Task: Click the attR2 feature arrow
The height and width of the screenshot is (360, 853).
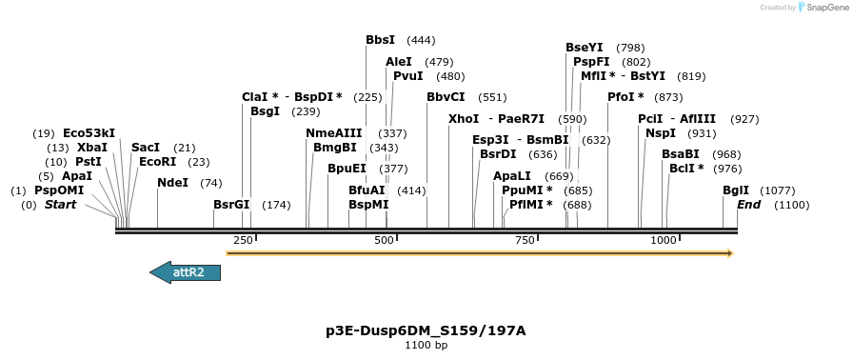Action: click(x=186, y=272)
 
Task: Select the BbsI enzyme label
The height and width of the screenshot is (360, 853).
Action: click(x=380, y=40)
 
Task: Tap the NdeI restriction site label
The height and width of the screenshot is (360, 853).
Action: click(x=172, y=183)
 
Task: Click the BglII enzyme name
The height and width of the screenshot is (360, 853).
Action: click(x=736, y=190)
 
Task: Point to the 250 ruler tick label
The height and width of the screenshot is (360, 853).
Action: click(x=243, y=240)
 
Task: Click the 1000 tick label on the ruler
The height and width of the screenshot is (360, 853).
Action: click(x=663, y=240)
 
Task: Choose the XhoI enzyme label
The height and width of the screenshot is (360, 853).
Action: click(x=464, y=119)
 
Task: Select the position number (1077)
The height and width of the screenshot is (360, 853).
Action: click(x=778, y=190)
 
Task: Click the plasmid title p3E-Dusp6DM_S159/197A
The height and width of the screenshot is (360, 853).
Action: click(x=426, y=330)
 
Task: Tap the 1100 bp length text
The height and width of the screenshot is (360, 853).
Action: click(x=426, y=345)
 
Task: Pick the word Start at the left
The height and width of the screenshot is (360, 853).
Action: click(x=60, y=205)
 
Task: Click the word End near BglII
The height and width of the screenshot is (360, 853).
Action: click(x=748, y=205)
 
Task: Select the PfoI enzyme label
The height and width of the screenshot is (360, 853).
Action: click(x=625, y=97)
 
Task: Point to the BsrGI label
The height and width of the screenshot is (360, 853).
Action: click(x=231, y=205)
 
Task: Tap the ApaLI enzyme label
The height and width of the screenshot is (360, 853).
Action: click(x=512, y=176)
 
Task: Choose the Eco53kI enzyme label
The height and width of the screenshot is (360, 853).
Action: click(x=89, y=133)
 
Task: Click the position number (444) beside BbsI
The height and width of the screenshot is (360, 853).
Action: click(x=421, y=40)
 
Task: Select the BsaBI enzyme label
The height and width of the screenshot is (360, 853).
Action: click(x=681, y=154)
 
